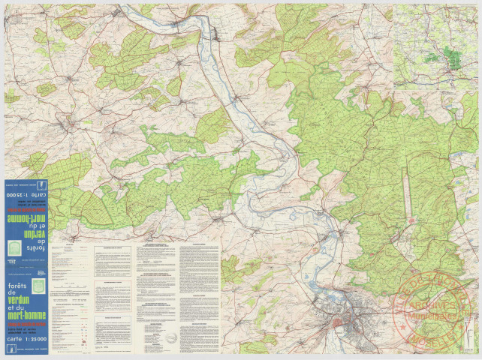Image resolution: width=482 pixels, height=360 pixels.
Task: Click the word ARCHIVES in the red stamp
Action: pos(438,306)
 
